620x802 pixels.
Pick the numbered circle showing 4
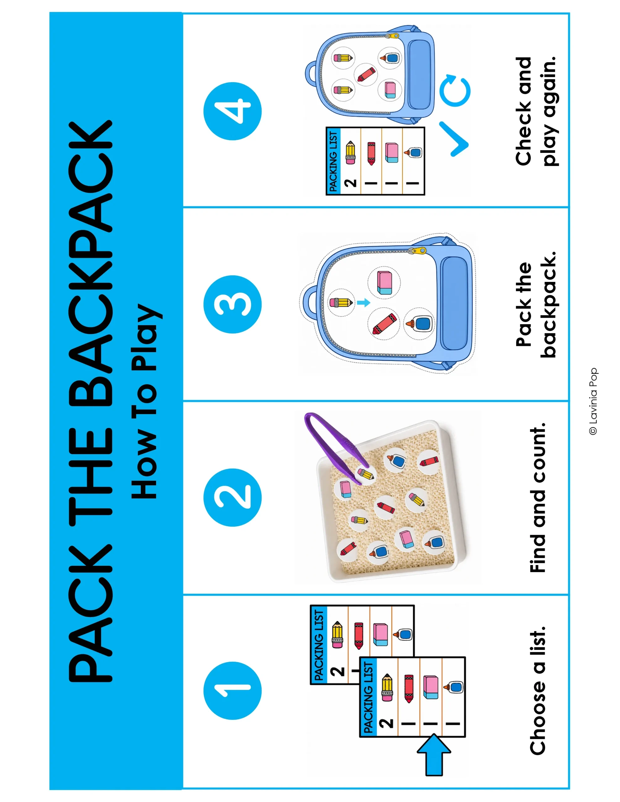tap(232, 111)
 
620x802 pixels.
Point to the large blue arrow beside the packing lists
tap(434, 755)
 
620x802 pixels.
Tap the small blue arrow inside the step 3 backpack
tap(363, 303)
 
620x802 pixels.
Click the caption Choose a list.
tap(537, 691)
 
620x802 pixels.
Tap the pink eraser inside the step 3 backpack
tap(384, 282)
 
